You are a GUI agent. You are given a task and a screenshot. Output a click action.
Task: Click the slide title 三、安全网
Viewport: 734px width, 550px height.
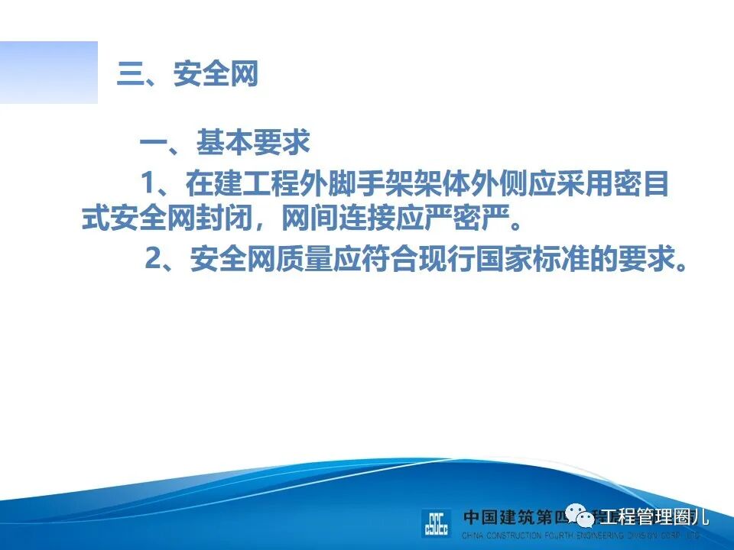point(187,76)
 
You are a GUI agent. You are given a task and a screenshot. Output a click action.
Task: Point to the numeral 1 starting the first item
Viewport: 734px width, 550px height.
point(148,183)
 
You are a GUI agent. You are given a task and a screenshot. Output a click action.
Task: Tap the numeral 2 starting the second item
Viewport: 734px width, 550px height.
point(153,260)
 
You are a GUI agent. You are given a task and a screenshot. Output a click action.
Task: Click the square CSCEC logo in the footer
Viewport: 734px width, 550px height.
point(437,523)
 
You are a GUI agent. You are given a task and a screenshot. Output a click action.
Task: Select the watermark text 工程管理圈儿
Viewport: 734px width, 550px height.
point(655,516)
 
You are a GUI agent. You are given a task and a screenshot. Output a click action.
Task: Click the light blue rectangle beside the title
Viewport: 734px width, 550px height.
point(49,73)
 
